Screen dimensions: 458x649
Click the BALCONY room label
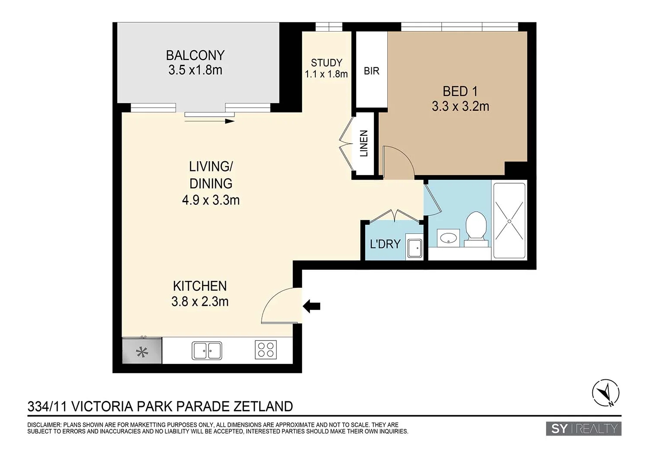(x=195, y=55)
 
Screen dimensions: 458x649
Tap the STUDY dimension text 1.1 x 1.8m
(x=326, y=74)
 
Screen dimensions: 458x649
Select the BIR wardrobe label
(x=371, y=71)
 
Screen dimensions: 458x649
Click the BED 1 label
(x=460, y=91)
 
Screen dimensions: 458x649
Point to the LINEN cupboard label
(x=364, y=143)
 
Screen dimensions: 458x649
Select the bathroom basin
(x=448, y=238)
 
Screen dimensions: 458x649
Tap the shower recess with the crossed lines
(x=509, y=221)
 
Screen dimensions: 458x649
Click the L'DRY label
(x=385, y=244)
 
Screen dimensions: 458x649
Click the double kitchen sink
(x=206, y=350)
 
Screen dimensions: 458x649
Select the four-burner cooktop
(x=266, y=350)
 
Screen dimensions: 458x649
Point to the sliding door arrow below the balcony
(x=209, y=121)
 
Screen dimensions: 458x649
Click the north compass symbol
(x=605, y=393)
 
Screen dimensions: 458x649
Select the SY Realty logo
(x=583, y=429)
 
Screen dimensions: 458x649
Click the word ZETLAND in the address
(x=263, y=407)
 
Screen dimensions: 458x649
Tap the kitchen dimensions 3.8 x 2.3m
(x=200, y=301)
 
